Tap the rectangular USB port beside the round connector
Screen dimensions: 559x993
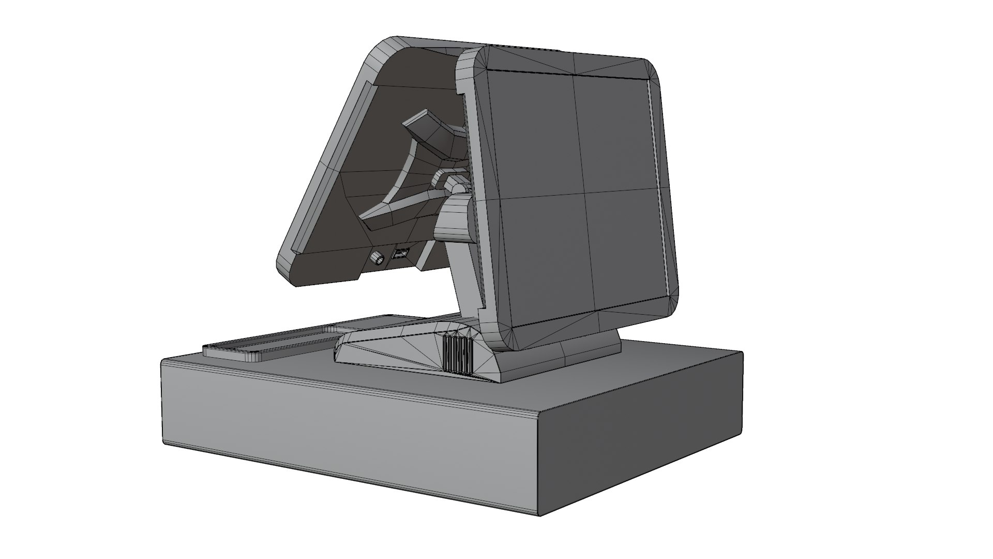tap(401, 254)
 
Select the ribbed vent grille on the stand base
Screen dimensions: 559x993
tap(457, 354)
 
